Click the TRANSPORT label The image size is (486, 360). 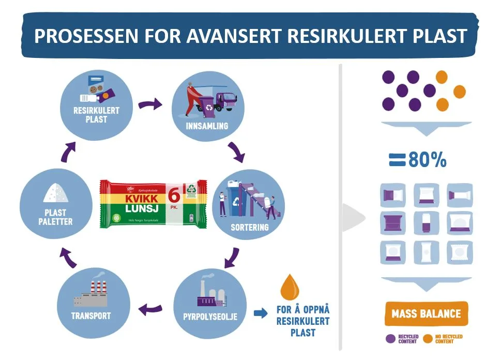click(92, 316)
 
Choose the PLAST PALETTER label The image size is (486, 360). click(55, 217)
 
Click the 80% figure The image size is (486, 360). click(427, 160)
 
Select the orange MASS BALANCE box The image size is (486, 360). click(426, 314)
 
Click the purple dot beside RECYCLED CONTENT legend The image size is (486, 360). click(390, 339)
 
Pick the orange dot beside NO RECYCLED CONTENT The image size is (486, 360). click(428, 339)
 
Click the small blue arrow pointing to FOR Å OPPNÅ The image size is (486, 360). click(261, 313)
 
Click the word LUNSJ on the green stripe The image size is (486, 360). click(141, 209)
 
